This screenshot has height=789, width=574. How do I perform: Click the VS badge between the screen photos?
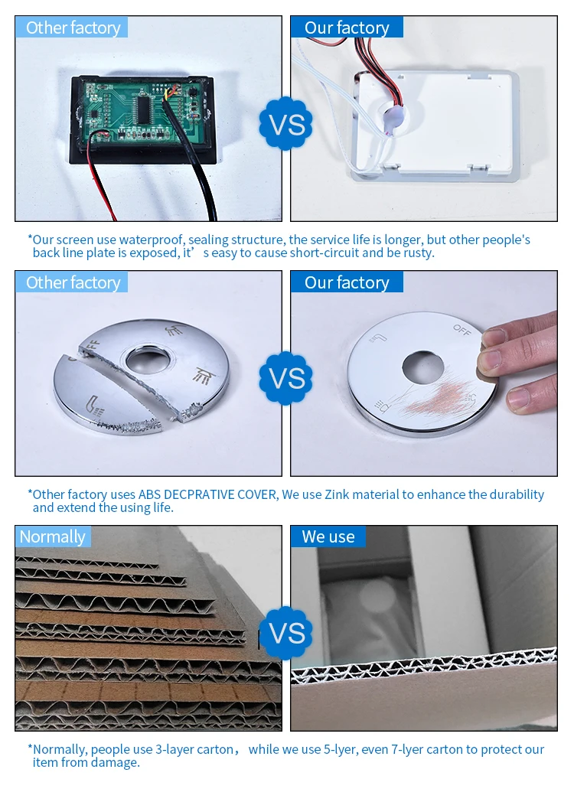click(x=285, y=123)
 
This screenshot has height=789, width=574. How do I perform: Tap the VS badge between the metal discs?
click(x=285, y=378)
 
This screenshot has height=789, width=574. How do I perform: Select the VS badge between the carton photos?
click(x=285, y=633)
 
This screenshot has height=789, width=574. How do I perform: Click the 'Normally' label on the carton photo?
click(x=52, y=537)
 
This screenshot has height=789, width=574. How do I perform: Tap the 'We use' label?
click(x=328, y=537)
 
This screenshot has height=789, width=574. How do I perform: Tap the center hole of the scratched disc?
click(x=423, y=367)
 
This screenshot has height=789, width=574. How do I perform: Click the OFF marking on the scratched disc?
click(x=461, y=331)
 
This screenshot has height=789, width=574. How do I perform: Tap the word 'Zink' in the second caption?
click(x=337, y=494)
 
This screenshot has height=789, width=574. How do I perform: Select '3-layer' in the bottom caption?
click(x=174, y=750)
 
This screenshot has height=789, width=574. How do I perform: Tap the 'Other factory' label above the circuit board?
click(x=73, y=28)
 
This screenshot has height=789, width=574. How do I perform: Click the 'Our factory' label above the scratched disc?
click(x=347, y=283)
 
